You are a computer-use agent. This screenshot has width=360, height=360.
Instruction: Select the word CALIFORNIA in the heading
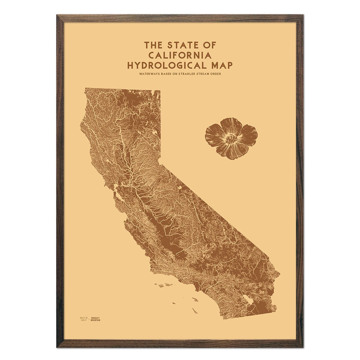(x=180, y=55)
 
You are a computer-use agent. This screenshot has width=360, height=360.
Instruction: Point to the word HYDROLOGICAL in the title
(x=166, y=65)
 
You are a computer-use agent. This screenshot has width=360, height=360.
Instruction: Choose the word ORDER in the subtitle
(x=216, y=74)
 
